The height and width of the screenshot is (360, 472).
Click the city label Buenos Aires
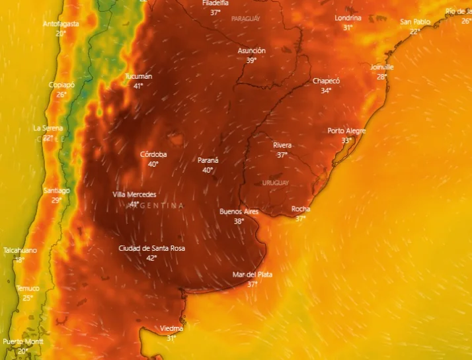239,212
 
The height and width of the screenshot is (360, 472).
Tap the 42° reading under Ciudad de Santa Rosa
151,257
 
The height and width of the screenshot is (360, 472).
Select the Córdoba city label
153,154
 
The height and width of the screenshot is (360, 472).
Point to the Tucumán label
138,76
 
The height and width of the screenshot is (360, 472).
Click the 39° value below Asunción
251,60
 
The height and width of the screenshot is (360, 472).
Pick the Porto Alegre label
346,130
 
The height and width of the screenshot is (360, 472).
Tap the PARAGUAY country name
246,19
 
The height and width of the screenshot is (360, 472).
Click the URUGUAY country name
276,182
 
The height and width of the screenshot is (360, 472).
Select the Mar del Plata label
252,274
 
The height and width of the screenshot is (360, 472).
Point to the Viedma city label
171,328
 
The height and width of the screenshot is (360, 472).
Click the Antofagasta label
61,24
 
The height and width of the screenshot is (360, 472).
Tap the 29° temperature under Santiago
56,200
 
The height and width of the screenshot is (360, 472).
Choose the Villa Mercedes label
135,195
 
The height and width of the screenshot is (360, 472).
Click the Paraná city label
208,160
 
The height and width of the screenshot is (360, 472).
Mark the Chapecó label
326,81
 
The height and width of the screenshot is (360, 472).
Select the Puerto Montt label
23,341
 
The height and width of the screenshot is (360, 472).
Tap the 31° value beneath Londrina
348,28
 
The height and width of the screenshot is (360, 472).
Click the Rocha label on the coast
301,209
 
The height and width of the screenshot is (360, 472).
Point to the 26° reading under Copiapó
61,95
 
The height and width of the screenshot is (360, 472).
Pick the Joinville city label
381,67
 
